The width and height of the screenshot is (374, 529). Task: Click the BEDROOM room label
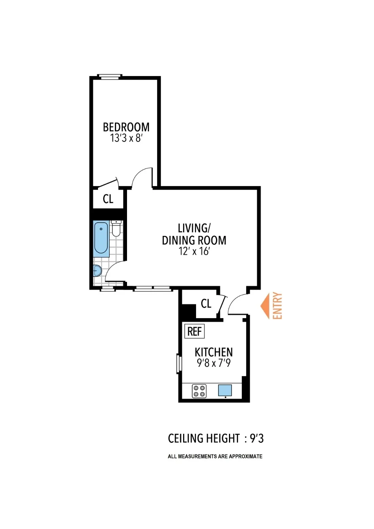(x=126, y=127)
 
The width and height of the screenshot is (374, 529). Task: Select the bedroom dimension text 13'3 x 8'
(x=126, y=138)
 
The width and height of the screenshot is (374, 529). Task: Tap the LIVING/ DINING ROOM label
(x=194, y=234)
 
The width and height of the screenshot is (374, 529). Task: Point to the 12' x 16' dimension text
(x=194, y=251)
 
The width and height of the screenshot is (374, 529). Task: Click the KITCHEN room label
(x=214, y=352)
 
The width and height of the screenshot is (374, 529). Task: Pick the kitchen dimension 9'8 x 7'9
(x=214, y=363)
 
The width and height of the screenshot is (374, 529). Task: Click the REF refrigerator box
(x=194, y=332)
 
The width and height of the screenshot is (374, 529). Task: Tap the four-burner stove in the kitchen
(x=199, y=391)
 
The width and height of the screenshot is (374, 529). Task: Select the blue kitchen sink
(x=225, y=390)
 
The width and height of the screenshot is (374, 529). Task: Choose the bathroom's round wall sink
(x=97, y=270)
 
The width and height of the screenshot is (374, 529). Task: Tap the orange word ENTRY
(x=278, y=306)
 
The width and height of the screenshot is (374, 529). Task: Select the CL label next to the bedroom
(x=108, y=199)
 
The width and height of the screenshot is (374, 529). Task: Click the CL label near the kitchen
(x=206, y=303)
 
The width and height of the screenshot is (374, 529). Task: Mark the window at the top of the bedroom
(x=109, y=77)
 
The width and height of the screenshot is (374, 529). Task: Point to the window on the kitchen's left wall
(x=179, y=363)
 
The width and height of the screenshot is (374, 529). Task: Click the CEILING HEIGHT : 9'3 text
(x=216, y=438)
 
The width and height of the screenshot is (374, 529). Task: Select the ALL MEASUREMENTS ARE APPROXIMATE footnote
(x=215, y=457)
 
